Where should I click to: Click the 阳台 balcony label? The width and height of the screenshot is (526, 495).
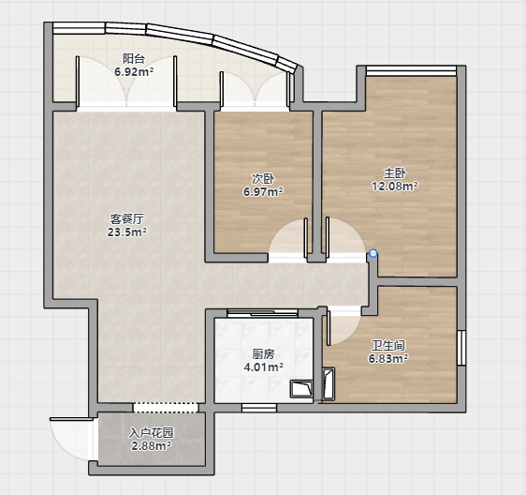click(134, 59)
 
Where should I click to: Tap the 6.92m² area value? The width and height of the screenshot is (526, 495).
click(134, 72)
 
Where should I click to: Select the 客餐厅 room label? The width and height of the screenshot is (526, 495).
click(126, 219)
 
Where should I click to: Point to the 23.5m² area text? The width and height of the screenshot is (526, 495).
click(126, 232)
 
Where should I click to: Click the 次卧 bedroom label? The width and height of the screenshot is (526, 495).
click(263, 179)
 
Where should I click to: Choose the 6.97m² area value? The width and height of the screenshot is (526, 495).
click(263, 192)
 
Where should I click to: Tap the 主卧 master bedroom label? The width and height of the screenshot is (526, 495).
click(395, 173)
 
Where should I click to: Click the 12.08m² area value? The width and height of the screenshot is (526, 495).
click(395, 186)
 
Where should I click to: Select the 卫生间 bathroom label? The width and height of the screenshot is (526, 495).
click(388, 345)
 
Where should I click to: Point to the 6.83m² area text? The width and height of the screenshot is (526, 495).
click(388, 358)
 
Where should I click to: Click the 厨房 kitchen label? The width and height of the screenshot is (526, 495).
click(263, 353)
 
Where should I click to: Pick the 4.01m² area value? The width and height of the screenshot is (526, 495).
click(263, 367)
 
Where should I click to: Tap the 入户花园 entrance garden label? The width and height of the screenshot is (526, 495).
click(151, 433)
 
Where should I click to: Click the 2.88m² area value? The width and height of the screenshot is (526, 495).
click(151, 446)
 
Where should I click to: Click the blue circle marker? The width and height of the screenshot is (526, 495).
click(373, 253)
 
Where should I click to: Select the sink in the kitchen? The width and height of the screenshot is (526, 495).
click(301, 389)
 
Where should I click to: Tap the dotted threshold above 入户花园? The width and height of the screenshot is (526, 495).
click(166, 408)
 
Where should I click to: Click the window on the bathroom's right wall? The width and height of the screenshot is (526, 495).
click(461, 348)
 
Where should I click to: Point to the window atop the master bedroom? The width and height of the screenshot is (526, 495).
click(411, 70)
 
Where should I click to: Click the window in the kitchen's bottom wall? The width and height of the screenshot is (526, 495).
click(259, 408)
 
